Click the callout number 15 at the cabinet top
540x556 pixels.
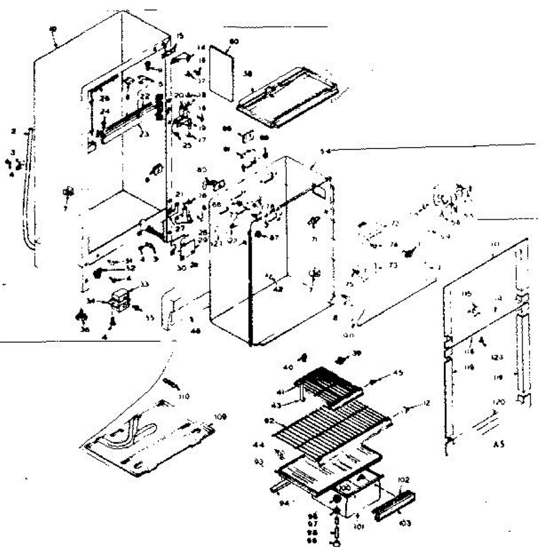(x=180, y=36)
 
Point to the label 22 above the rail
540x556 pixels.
(x=145, y=96)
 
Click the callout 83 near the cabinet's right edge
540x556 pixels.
(x=202, y=171)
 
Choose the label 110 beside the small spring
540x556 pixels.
(x=185, y=397)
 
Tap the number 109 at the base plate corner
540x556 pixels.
(x=221, y=417)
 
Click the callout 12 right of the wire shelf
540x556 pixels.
(x=426, y=404)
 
